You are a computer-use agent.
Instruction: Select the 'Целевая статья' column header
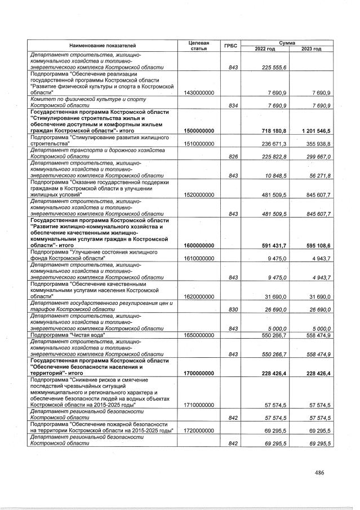(x=199, y=45)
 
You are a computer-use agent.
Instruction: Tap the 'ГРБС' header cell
(x=230, y=45)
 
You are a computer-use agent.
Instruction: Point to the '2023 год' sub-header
(x=311, y=49)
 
